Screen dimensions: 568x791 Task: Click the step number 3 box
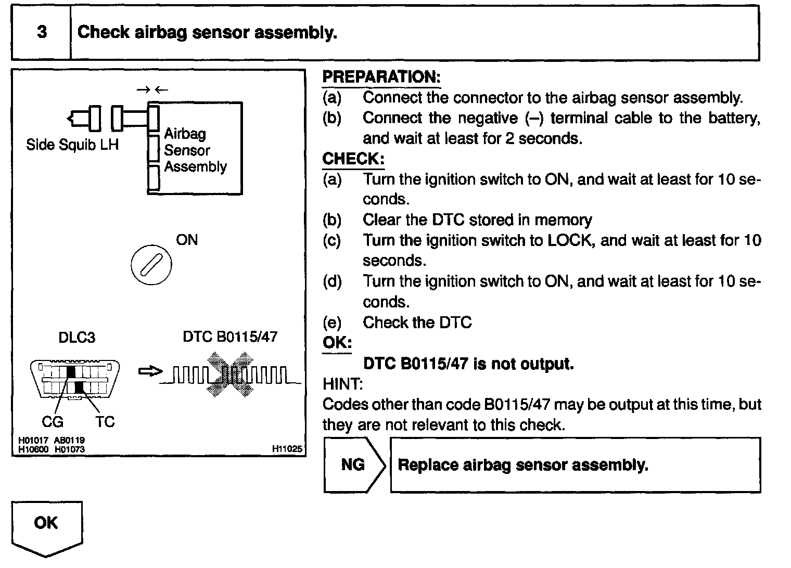click(41, 32)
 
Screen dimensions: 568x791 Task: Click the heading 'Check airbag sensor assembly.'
click(207, 32)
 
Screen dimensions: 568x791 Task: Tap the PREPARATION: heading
click(381, 77)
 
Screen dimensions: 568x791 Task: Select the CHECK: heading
click(353, 159)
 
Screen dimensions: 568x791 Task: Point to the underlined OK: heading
click(337, 343)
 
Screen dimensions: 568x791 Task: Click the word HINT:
click(342, 384)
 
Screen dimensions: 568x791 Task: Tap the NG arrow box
click(354, 464)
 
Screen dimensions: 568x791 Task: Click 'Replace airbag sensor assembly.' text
click(522, 464)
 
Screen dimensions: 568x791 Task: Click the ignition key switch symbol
click(150, 266)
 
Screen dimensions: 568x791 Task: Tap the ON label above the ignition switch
click(187, 240)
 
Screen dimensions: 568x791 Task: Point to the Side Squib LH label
click(72, 145)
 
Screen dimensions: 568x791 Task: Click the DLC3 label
click(76, 338)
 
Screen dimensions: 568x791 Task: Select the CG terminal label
click(53, 422)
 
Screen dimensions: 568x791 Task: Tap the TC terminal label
click(104, 422)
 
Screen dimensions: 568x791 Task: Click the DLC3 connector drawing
click(75, 380)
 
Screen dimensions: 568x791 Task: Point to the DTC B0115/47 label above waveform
click(230, 337)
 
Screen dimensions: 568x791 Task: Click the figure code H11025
click(287, 448)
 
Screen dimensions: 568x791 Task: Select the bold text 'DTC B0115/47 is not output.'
click(468, 364)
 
